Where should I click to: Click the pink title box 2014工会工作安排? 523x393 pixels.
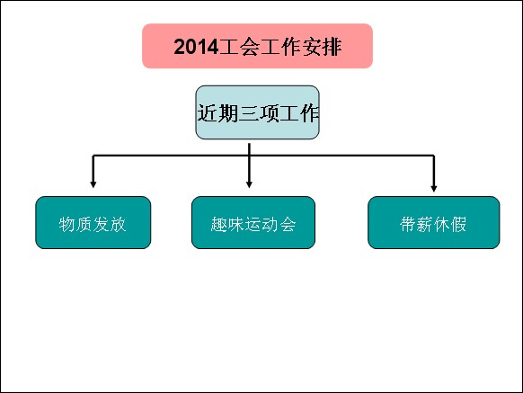[x=257, y=46]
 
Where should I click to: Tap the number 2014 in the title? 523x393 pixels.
[x=196, y=47]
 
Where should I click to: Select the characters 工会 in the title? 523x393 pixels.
[x=239, y=47]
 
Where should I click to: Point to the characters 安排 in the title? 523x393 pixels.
[x=322, y=47]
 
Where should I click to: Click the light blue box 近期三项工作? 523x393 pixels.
[x=257, y=112]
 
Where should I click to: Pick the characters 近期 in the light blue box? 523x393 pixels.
[x=217, y=113]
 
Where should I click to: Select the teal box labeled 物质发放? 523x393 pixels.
[x=93, y=222]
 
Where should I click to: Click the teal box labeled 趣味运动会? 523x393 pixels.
[x=253, y=222]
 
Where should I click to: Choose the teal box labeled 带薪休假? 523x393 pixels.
[x=434, y=222]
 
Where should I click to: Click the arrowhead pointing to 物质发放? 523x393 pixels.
[x=93, y=184]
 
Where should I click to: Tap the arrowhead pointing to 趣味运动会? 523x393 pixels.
[x=249, y=184]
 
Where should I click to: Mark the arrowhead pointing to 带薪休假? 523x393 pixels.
[x=434, y=188]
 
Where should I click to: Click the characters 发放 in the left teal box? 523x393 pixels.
[x=110, y=224]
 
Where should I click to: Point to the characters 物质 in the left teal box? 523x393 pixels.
[x=75, y=224]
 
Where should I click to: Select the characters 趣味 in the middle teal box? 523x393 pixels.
[x=228, y=224]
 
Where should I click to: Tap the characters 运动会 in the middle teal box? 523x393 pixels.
[x=270, y=224]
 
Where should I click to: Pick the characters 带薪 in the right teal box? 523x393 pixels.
[x=416, y=224]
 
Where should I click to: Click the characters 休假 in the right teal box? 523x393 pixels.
[x=450, y=224]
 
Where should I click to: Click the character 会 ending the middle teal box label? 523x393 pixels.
[x=288, y=224]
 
